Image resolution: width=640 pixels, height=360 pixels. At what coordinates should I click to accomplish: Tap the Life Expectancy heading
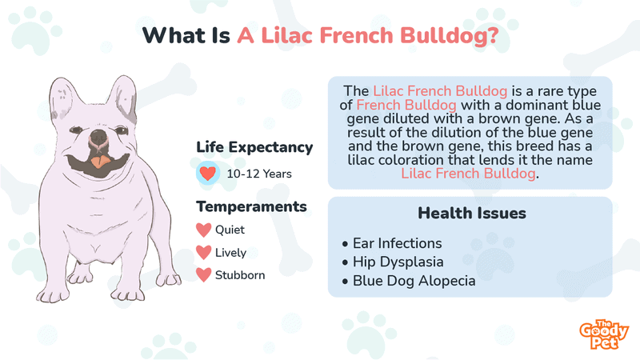pos(254,147)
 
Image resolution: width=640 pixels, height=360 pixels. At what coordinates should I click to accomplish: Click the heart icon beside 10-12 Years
pos(208,174)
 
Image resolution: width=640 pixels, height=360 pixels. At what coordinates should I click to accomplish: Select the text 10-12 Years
pos(259,174)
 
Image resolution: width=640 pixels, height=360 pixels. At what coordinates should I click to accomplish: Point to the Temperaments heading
pos(251,206)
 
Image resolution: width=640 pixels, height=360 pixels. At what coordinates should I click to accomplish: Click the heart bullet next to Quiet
pos(204,230)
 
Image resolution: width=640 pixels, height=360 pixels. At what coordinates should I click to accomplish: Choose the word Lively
pos(230,253)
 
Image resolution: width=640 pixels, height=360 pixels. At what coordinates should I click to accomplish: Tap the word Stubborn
pos(240,275)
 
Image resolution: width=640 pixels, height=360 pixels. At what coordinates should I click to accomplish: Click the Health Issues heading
pos(472,213)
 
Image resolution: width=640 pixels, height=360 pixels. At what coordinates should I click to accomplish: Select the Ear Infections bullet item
pos(392,243)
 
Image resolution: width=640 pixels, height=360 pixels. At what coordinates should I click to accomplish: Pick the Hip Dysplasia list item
pos(393,262)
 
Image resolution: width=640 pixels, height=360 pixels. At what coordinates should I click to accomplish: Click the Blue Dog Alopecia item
pos(409,281)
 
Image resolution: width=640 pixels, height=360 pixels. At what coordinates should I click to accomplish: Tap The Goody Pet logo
pos(604,334)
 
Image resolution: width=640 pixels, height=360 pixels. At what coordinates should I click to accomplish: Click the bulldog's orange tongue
pos(100,162)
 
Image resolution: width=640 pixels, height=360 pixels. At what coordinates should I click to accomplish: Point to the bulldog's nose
pos(98,136)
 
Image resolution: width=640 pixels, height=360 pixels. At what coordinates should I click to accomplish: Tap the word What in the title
pos(174,35)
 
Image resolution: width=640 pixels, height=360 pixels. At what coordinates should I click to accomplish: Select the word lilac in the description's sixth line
pos(361,159)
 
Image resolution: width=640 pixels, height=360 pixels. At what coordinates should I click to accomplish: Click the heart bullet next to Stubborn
pos(204,274)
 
